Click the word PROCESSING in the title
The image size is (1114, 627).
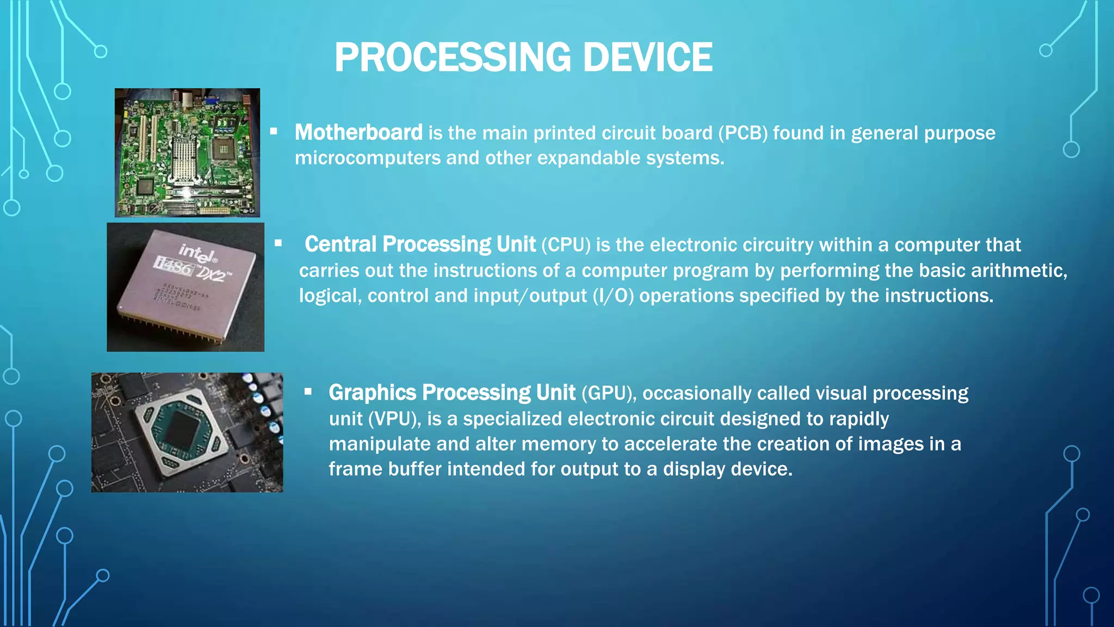[x=452, y=57]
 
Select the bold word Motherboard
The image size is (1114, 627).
[x=358, y=132]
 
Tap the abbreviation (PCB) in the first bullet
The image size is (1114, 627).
[x=742, y=133]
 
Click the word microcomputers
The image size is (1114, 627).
[x=367, y=158]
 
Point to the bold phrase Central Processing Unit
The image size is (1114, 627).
[x=420, y=244]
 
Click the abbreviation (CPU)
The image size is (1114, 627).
[x=566, y=245]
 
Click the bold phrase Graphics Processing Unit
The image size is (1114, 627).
[x=451, y=392]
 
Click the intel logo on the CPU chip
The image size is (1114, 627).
[x=198, y=253]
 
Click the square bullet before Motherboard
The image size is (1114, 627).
[x=274, y=131]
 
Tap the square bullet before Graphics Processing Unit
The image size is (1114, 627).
[x=308, y=391]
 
